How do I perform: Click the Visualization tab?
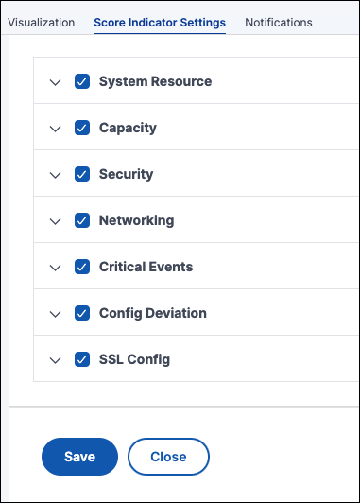point(41,23)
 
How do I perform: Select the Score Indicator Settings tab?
point(160,23)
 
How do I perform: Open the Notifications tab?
point(279,23)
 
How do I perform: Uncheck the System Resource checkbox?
point(82,81)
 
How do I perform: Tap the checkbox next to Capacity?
point(82,128)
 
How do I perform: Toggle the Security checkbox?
point(82,174)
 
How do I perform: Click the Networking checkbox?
point(82,220)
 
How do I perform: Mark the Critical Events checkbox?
point(82,267)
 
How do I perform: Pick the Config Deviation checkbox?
point(82,313)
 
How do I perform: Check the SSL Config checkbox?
point(82,359)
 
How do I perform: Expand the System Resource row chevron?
point(56,83)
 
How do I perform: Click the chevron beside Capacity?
point(56,129)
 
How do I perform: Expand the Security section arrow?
point(56,176)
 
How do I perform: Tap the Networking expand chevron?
point(56,221)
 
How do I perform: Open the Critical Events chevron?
point(56,268)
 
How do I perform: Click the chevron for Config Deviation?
point(56,314)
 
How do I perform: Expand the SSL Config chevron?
point(56,360)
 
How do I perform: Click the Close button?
point(168,457)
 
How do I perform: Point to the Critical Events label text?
point(146,267)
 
